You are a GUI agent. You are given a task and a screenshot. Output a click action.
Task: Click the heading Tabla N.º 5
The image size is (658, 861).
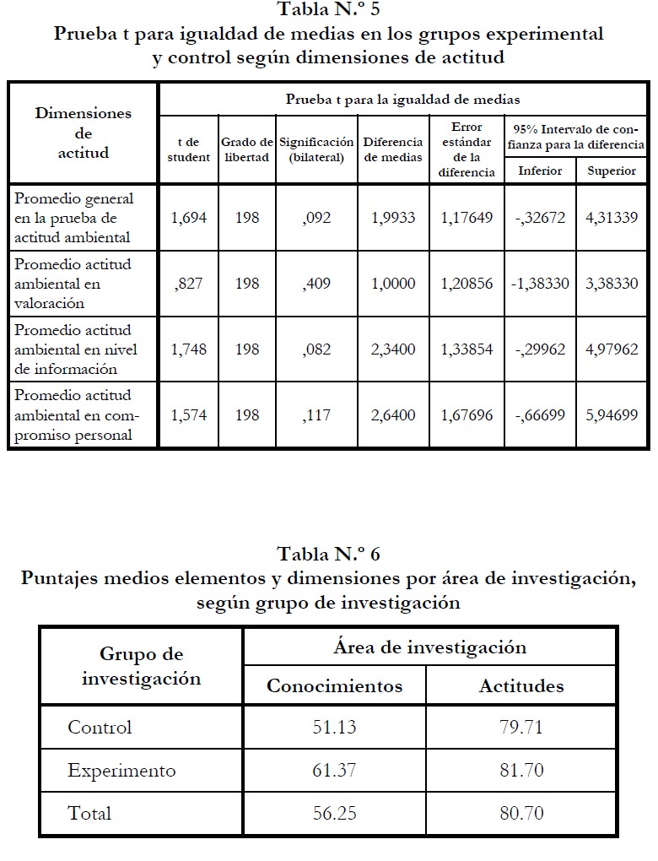click(328, 11)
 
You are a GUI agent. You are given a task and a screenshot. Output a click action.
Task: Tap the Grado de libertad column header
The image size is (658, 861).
click(246, 149)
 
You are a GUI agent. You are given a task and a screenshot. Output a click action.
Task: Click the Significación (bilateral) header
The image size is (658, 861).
click(316, 149)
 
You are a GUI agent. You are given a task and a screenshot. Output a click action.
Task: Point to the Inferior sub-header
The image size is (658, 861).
click(540, 171)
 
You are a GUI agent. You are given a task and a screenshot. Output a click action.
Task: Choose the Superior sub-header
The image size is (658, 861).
click(612, 171)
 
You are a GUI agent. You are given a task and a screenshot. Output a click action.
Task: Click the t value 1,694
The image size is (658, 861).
click(188, 218)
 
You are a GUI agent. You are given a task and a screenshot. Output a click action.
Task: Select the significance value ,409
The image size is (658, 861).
click(316, 283)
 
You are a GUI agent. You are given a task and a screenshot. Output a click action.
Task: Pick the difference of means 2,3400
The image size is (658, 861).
click(393, 349)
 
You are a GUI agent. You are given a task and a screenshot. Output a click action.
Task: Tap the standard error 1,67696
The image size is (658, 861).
click(467, 414)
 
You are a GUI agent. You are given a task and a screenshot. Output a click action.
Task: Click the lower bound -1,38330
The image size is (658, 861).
click(540, 283)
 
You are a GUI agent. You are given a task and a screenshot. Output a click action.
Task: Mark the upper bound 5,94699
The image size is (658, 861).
click(612, 414)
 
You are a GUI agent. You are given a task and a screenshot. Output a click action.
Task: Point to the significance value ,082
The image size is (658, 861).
click(316, 349)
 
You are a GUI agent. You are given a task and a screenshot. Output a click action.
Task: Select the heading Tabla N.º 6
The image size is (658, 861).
click(328, 555)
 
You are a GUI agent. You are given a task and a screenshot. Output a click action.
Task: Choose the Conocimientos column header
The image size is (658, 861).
click(334, 685)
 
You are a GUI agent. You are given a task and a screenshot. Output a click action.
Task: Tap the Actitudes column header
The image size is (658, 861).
click(521, 685)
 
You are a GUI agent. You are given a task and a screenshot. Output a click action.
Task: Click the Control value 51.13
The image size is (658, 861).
click(334, 727)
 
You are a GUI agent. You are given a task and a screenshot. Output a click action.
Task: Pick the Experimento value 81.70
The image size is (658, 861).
click(521, 770)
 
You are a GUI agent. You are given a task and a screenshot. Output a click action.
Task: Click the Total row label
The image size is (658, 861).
click(89, 814)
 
